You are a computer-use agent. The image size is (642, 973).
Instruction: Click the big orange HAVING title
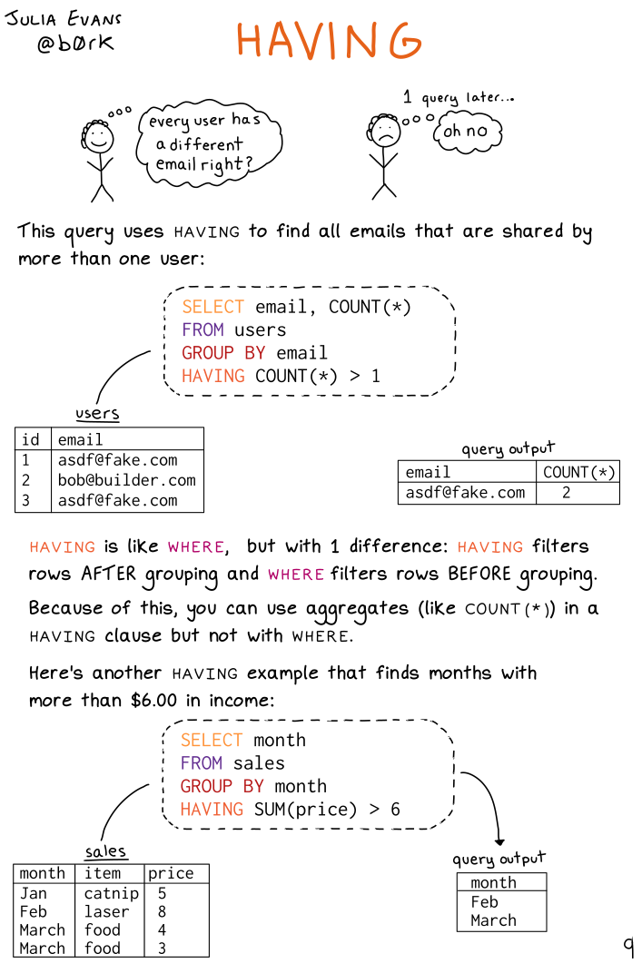click(x=329, y=40)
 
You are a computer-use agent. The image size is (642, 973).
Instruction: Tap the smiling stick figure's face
click(x=98, y=139)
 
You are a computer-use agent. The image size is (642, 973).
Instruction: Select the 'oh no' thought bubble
click(x=465, y=132)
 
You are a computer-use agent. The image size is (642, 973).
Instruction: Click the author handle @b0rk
click(x=75, y=44)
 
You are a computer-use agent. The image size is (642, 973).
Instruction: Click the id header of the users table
click(x=31, y=439)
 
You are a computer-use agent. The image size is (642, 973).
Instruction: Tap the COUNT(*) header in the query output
click(x=578, y=472)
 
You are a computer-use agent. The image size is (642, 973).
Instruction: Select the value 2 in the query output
click(x=566, y=493)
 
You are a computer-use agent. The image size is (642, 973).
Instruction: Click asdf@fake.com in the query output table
click(x=465, y=493)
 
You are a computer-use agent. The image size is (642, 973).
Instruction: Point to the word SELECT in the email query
click(x=212, y=307)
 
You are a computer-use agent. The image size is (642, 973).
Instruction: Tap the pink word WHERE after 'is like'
click(x=195, y=547)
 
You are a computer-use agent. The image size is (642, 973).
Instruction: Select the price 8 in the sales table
click(x=162, y=911)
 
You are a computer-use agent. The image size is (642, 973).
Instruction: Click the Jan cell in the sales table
click(x=34, y=893)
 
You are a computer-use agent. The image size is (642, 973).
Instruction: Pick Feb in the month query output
click(x=484, y=902)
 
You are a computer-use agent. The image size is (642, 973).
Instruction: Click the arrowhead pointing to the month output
click(x=499, y=841)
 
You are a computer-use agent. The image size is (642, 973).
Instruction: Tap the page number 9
click(x=628, y=947)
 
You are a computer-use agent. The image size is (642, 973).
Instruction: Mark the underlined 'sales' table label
click(x=105, y=851)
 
